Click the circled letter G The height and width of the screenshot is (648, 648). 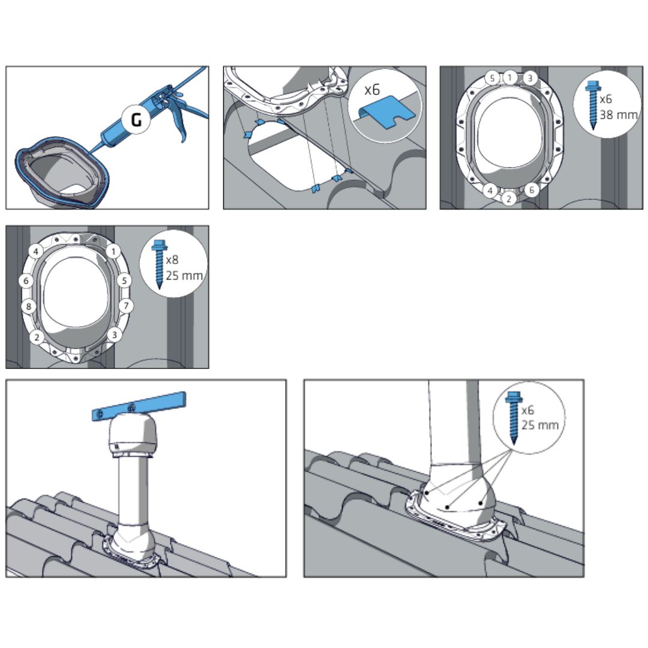coord(136,119)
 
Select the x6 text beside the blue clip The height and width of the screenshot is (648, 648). coord(371,89)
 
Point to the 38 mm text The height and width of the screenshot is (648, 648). coord(619,115)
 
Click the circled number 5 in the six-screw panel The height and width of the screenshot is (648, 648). coord(492,78)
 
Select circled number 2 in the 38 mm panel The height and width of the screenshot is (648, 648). coord(509,199)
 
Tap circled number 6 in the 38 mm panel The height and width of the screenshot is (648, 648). coord(532,190)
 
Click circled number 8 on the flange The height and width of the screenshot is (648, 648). coord(29,306)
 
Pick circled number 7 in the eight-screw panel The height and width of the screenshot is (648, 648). coord(126,306)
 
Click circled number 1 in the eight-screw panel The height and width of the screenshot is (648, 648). coord(113,251)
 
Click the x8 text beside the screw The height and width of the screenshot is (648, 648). coord(172,260)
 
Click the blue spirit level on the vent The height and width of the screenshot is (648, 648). coord(139,406)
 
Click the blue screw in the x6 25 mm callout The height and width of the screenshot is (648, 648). coord(514,418)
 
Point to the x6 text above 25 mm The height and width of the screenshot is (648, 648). coord(528,410)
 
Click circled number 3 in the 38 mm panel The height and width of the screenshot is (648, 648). coord(529,78)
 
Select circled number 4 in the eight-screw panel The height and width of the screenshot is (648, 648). coord(36,251)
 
